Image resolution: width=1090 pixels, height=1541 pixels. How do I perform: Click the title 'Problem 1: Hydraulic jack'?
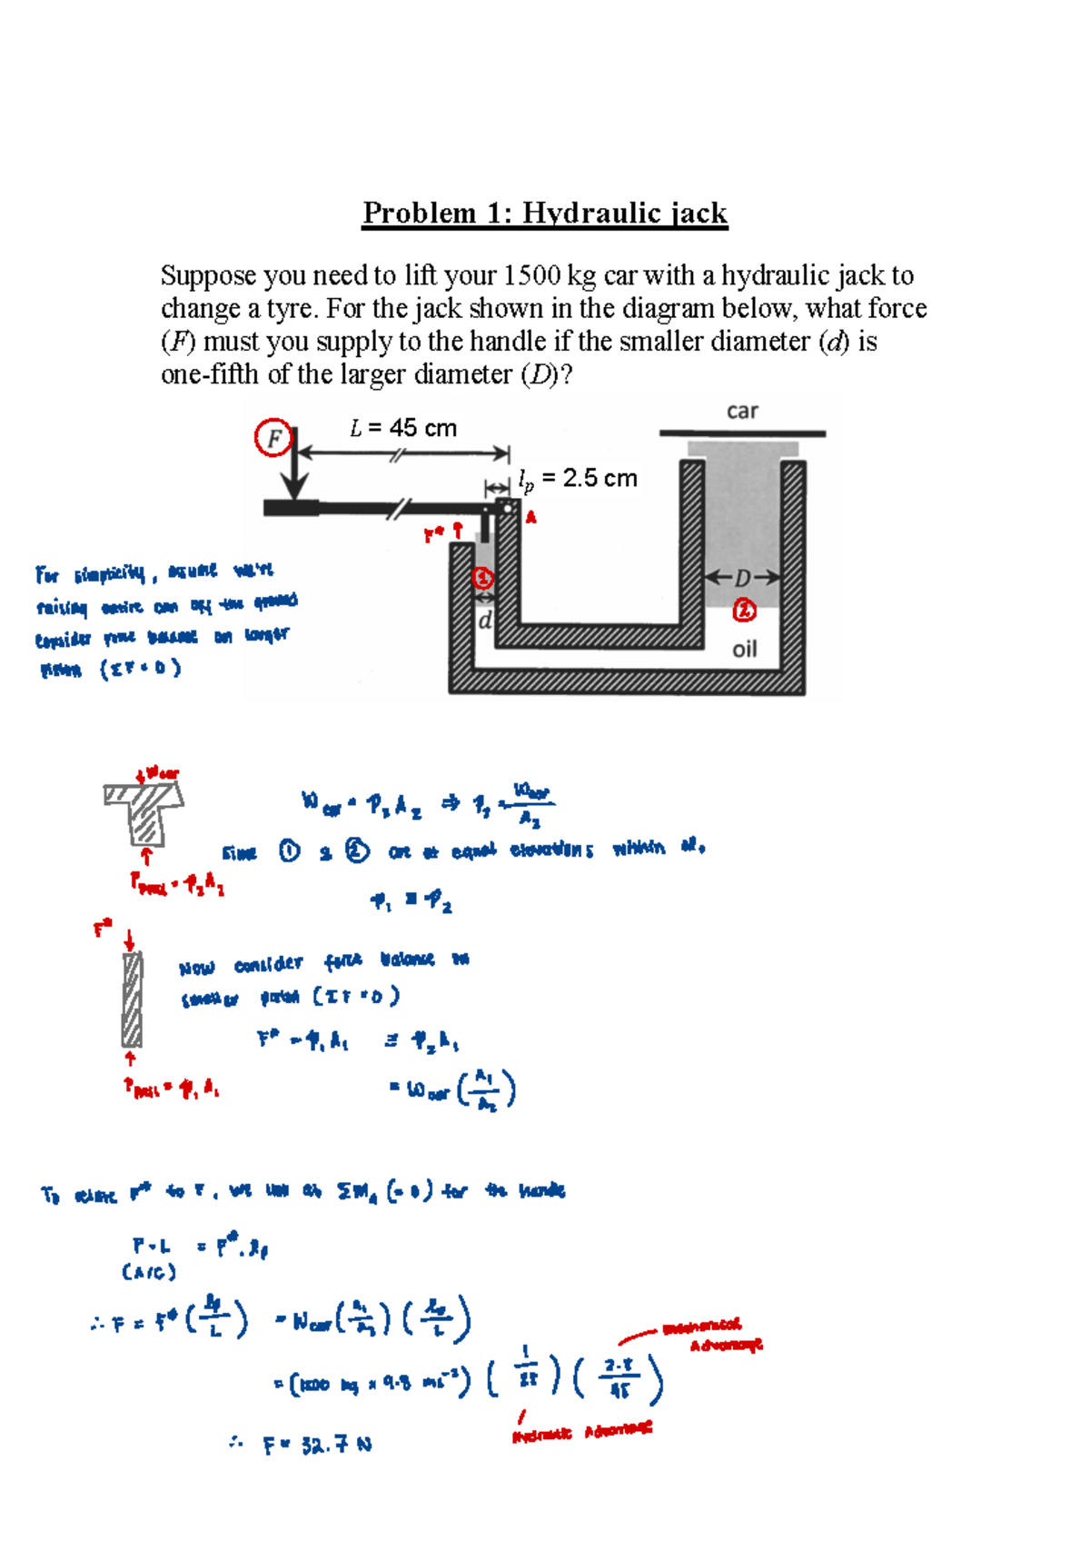coord(545,213)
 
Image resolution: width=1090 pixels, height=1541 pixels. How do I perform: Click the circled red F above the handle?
coord(272,439)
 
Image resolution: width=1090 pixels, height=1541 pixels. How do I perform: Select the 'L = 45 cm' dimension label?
coord(403,428)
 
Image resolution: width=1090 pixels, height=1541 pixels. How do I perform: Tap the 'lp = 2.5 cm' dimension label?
coord(578,479)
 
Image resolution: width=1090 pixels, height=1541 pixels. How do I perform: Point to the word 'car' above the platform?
coord(742,411)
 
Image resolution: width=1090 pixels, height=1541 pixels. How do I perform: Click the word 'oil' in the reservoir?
coord(745,649)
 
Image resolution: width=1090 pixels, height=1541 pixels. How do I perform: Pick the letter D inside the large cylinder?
coord(743,578)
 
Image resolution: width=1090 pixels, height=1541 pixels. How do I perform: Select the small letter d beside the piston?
coord(485,621)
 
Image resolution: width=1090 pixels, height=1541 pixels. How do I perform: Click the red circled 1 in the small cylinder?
coord(483,578)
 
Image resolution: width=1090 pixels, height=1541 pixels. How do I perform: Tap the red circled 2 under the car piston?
coord(745,611)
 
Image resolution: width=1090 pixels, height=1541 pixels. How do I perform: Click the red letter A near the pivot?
coord(531,518)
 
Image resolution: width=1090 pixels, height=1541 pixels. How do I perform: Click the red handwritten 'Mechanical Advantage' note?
coord(714,1335)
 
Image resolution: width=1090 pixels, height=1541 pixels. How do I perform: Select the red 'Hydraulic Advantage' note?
coord(582,1433)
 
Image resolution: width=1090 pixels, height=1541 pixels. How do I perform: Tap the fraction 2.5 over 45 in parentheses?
coord(619,1378)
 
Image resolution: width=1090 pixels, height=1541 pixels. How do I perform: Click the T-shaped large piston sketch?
coord(144,811)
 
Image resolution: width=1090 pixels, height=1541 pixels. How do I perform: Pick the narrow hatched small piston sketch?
coord(133,999)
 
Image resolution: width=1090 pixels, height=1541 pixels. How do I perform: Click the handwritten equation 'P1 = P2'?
coord(411,901)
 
